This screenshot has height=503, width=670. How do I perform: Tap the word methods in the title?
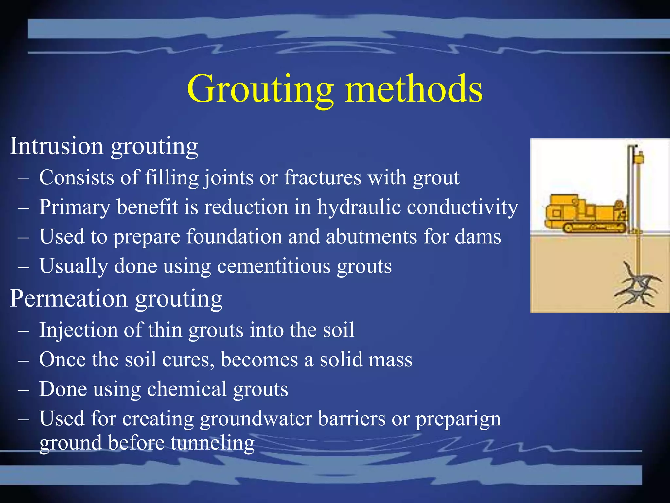pos(414,89)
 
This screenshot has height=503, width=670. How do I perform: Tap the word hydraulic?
pos(359,207)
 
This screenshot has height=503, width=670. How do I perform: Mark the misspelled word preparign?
pos(458,419)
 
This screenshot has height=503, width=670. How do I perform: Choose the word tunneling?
pos(212,443)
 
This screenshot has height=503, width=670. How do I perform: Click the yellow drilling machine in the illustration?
pos(586,214)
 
